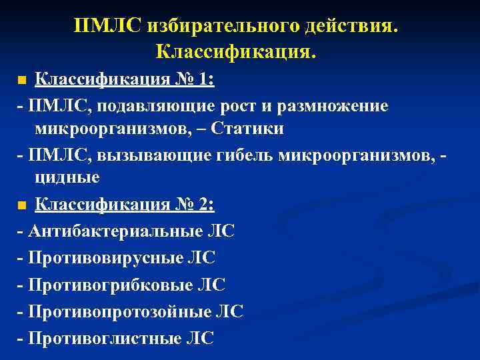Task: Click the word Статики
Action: (x=247, y=129)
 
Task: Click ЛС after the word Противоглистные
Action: (x=201, y=338)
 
